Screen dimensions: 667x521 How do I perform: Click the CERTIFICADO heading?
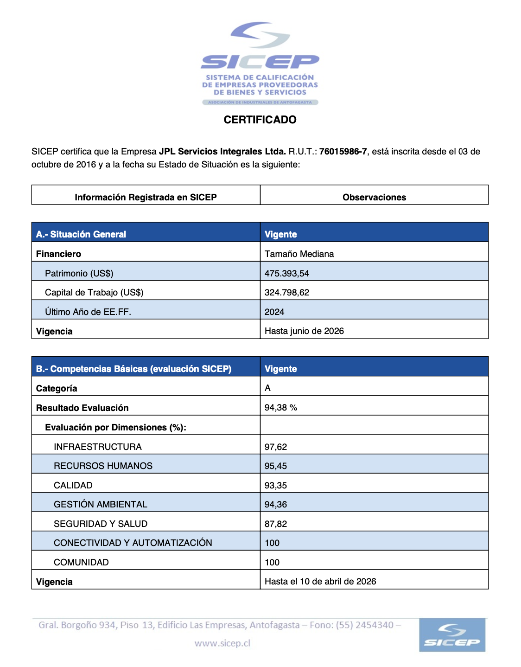pyautogui.click(x=260, y=120)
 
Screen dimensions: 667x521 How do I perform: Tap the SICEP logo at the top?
pyautogui.click(x=260, y=63)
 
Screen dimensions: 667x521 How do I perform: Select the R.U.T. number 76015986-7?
pyautogui.click(x=343, y=151)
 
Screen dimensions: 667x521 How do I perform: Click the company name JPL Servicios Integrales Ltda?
pyautogui.click(x=222, y=151)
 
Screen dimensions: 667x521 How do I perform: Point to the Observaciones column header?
pyautogui.click(x=374, y=197)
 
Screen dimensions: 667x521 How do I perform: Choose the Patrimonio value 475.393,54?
pyautogui.click(x=287, y=273)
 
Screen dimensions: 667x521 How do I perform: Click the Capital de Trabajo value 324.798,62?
pyautogui.click(x=287, y=292)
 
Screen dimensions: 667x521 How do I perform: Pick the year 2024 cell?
pyautogui.click(x=274, y=312)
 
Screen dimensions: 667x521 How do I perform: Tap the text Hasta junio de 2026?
pyautogui.click(x=304, y=331)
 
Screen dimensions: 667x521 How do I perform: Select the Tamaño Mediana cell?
pyautogui.click(x=299, y=254)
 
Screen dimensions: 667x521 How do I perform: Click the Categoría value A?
pyautogui.click(x=267, y=388)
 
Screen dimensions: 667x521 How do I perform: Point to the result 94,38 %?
pyautogui.click(x=281, y=407)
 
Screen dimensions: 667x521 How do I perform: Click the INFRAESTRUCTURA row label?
pyautogui.click(x=98, y=447)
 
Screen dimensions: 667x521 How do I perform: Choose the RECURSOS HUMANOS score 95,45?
pyautogui.click(x=276, y=466)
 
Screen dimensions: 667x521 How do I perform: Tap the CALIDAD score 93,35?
pyautogui.click(x=276, y=485)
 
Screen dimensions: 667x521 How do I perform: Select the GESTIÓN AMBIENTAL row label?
pyautogui.click(x=101, y=504)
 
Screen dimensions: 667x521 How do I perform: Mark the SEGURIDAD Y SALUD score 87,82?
pyautogui.click(x=276, y=524)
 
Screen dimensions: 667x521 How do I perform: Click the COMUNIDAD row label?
pyautogui.click(x=81, y=562)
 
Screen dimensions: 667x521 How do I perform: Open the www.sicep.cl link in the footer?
pyautogui.click(x=222, y=643)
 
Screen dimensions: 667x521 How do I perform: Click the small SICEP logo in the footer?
pyautogui.click(x=452, y=635)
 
